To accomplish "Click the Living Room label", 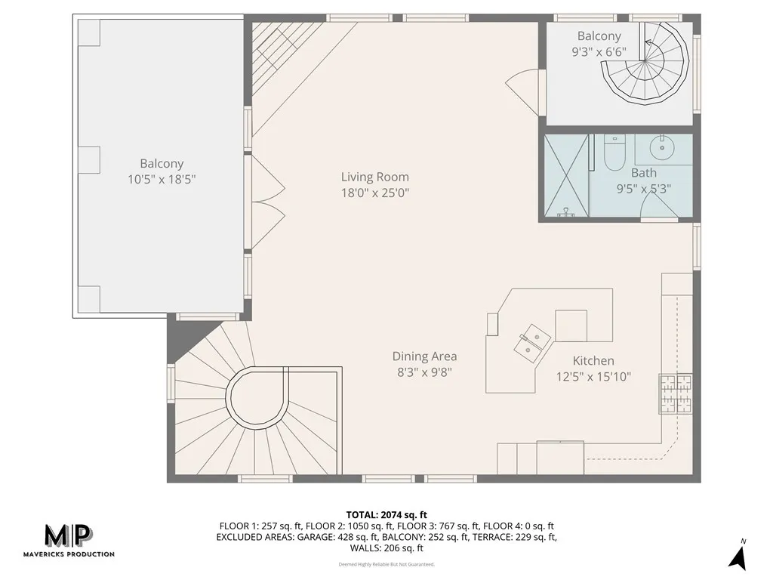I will click(375, 177).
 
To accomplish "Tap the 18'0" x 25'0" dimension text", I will click(375, 193).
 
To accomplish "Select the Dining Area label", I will click(424, 356).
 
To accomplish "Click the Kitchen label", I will click(593, 361).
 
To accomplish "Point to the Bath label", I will click(644, 173).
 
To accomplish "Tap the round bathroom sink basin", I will click(662, 147).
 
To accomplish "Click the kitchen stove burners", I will click(675, 394).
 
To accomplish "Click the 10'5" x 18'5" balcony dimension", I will click(162, 179).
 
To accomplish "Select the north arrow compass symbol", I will click(738, 556).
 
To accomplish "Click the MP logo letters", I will click(68, 536).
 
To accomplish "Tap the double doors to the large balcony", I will click(266, 202).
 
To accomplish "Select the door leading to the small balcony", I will click(524, 91).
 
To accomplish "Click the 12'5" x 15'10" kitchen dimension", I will click(593, 376).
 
